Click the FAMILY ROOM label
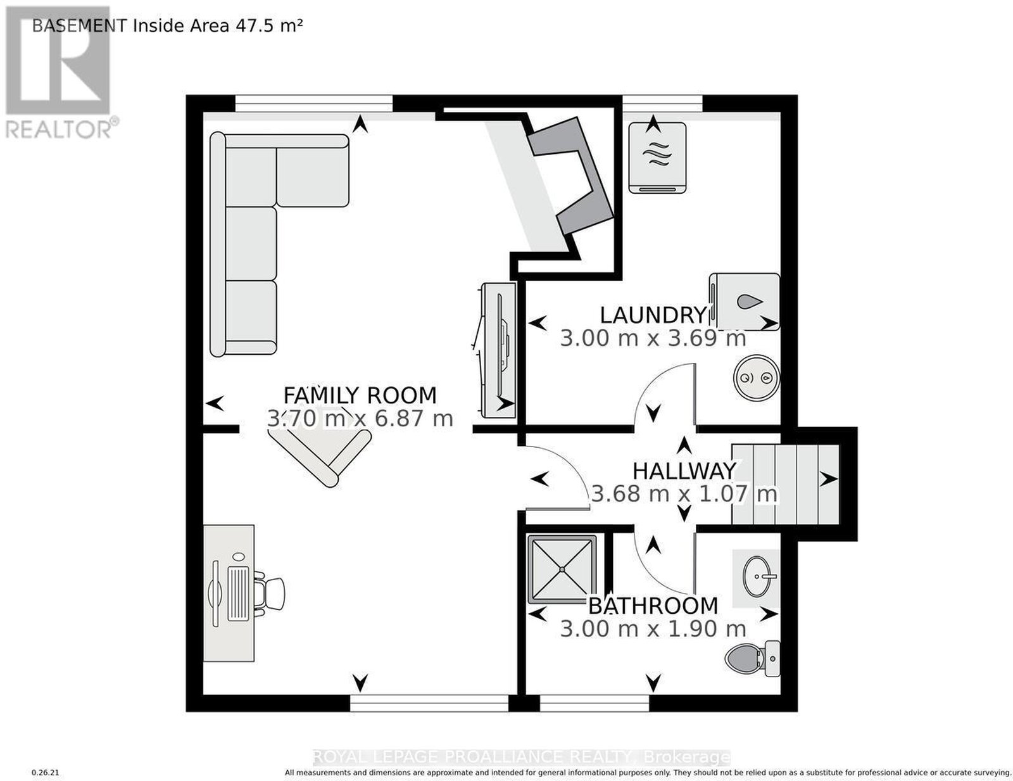[x=360, y=395]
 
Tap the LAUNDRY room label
[x=653, y=315]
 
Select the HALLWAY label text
[x=684, y=471]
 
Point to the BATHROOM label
[x=653, y=606]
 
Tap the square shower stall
[x=562, y=569]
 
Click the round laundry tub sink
[x=756, y=377]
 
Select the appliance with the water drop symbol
[x=745, y=302]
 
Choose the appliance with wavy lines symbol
[x=657, y=158]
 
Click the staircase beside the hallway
[x=786, y=485]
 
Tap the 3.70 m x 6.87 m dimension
[x=360, y=419]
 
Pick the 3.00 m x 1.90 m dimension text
[x=653, y=629]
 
